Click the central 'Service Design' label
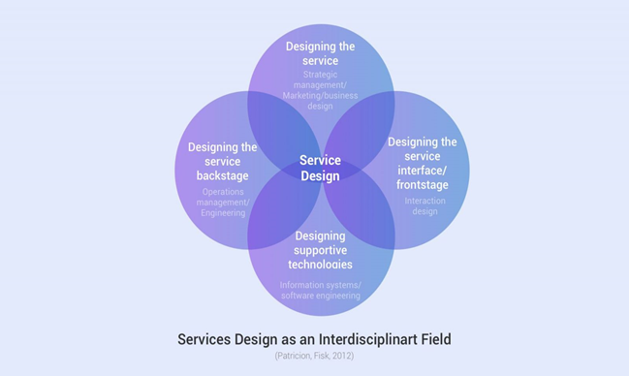pyautogui.click(x=320, y=169)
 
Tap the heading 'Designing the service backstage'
pyautogui.click(x=223, y=162)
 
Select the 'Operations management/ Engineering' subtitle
pyautogui.click(x=224, y=202)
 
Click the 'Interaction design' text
pyautogui.click(x=425, y=206)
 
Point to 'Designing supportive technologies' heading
pyautogui.click(x=320, y=250)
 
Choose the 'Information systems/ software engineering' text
pyautogui.click(x=320, y=290)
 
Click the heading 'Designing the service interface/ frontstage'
pyautogui.click(x=423, y=163)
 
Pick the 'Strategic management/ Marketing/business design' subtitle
pyautogui.click(x=320, y=90)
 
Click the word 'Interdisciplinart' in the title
pyautogui.click(x=362, y=339)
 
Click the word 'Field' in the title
pyautogui.click(x=433, y=339)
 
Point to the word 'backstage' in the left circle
pyautogui.click(x=223, y=176)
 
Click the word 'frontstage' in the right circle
pyautogui.click(x=424, y=184)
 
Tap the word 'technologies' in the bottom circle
pyautogui.click(x=320, y=265)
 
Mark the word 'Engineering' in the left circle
pyautogui.click(x=224, y=212)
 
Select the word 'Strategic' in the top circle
pyautogui.click(x=321, y=75)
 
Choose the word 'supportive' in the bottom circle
pyautogui.click(x=320, y=250)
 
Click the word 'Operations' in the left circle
pyautogui.click(x=223, y=191)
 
